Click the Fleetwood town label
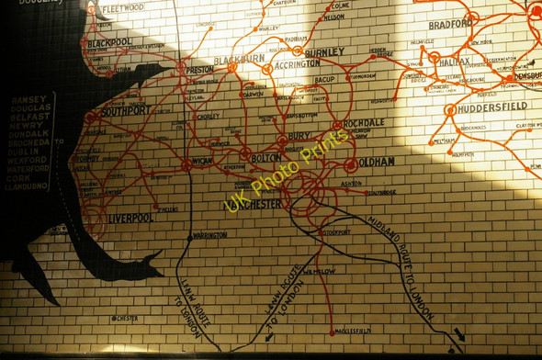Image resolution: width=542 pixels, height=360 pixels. coord(122,7)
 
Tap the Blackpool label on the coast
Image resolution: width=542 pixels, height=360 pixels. coord(110,42)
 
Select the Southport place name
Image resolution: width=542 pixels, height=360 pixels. coord(127,110)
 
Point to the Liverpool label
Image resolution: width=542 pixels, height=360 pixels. coord(130,218)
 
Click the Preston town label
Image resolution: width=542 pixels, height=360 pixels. coord(200,69)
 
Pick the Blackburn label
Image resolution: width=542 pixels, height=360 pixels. coord(239,59)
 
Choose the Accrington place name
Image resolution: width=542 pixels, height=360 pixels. coord(295,64)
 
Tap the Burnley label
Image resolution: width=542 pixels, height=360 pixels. coord(324,52)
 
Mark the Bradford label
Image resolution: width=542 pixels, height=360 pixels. coord(449,24)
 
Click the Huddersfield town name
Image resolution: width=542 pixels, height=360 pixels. coord(493,107)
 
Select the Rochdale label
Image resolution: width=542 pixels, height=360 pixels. coord(365,122)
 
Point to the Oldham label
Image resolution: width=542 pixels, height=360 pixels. coord(377,162)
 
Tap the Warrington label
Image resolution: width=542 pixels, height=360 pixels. coord(209,235)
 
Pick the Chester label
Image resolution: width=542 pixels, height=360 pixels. coord(127,319)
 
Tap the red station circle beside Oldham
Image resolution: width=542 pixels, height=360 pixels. coord(351,164)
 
